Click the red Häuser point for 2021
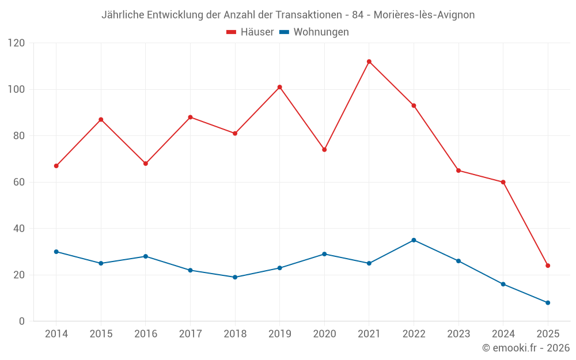369,62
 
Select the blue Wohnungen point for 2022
414,240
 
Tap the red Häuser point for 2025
548,266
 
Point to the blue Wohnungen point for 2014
56,252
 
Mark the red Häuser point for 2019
279,87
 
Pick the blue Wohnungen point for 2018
235,277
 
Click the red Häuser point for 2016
146,164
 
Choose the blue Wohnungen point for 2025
548,302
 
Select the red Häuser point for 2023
458,170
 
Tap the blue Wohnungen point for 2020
324,254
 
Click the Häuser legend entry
250,32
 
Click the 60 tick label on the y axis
19,182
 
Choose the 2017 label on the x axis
190,334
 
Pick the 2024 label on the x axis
503,334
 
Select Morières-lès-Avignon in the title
424,15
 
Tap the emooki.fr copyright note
525,348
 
